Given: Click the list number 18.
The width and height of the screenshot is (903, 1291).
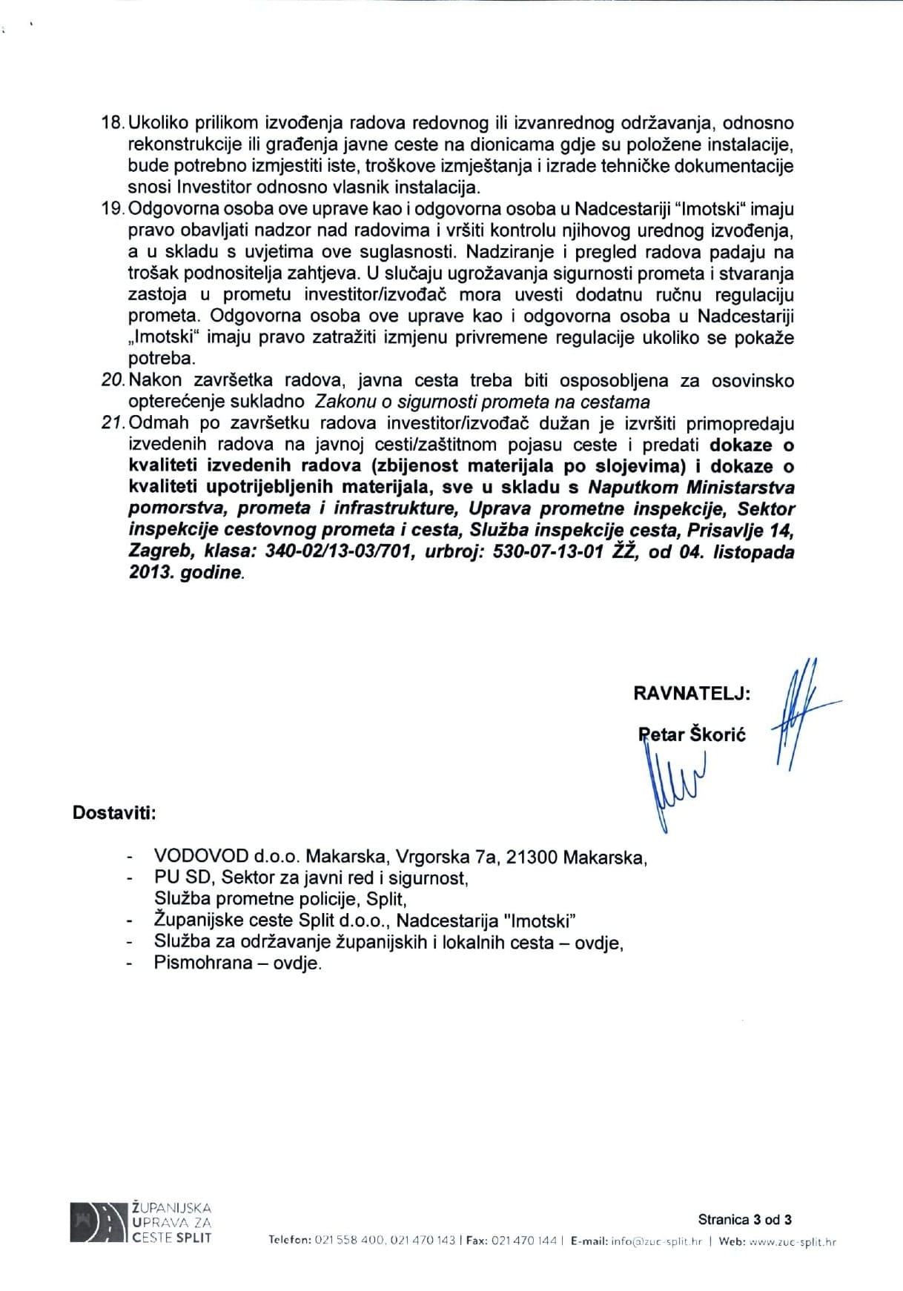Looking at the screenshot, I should (112, 122).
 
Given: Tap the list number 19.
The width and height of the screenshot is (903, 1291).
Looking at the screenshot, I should (112, 210).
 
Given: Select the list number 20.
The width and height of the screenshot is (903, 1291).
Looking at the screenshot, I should (112, 381).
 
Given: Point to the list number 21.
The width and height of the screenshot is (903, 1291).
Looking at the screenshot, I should (112, 424).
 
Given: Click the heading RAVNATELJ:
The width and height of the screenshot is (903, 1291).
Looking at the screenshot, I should (692, 693).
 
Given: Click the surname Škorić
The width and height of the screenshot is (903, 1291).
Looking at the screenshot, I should (718, 735).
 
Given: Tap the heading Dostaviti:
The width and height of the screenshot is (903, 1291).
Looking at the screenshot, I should (114, 812).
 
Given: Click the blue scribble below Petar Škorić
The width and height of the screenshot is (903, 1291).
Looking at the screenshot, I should (675, 786).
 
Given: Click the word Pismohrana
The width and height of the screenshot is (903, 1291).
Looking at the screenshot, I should (199, 963).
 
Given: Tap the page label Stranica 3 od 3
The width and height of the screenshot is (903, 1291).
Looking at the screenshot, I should (744, 1219).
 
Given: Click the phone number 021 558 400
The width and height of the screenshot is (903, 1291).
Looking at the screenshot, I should (347, 1242).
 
